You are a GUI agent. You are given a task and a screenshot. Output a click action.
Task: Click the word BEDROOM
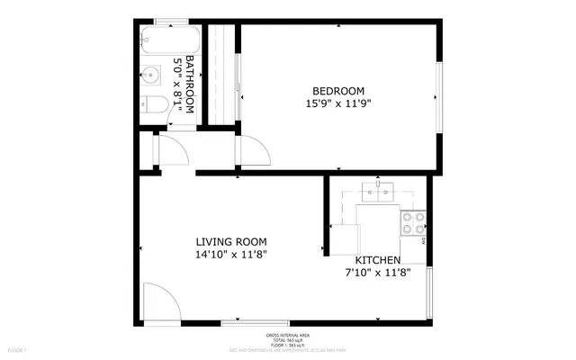pyautogui.click(x=337, y=90)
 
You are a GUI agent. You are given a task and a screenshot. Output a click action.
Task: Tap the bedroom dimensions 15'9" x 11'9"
pyautogui.click(x=337, y=103)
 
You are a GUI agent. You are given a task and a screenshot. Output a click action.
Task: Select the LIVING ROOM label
pyautogui.click(x=231, y=241)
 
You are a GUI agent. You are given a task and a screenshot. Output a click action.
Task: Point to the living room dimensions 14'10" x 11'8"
pyautogui.click(x=231, y=255)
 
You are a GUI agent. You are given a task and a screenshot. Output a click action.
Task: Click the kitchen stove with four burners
pyautogui.click(x=413, y=222)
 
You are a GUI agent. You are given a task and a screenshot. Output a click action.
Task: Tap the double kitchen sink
pyautogui.click(x=378, y=191)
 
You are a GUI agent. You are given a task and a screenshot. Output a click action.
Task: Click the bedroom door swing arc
pyautogui.click(x=253, y=152)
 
